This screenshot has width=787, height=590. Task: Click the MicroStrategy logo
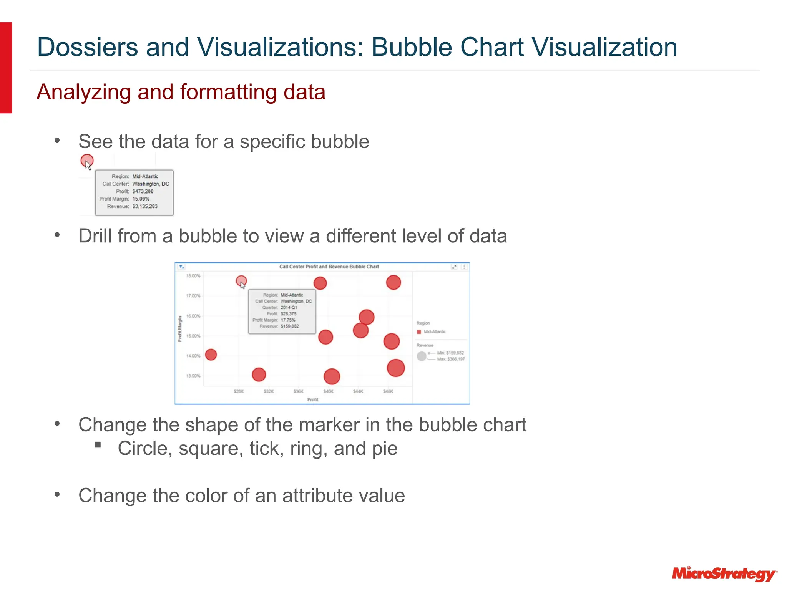(x=724, y=574)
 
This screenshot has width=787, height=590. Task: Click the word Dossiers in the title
(x=88, y=47)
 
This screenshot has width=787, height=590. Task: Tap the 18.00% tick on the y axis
(x=193, y=276)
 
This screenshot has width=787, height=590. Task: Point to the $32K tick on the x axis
(x=269, y=391)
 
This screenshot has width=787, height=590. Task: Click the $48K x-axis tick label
(x=388, y=391)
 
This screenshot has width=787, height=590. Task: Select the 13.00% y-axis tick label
(x=193, y=376)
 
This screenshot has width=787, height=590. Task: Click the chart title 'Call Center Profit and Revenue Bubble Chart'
(x=329, y=267)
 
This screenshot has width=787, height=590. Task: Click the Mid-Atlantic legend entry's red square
(x=419, y=332)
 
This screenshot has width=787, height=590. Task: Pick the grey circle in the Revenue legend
(x=422, y=356)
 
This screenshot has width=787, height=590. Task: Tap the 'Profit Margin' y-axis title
(x=180, y=328)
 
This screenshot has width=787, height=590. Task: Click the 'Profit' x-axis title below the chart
(x=313, y=399)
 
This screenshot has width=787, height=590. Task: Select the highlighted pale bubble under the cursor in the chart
(x=241, y=281)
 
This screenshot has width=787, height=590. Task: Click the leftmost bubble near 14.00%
(x=211, y=355)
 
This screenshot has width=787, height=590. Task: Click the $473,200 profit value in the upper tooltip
(x=143, y=191)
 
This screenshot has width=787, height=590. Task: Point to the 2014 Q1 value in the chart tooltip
(x=289, y=307)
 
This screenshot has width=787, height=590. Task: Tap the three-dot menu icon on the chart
(x=464, y=267)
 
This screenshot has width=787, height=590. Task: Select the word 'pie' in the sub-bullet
(x=385, y=449)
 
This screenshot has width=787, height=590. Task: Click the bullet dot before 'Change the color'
(x=57, y=494)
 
